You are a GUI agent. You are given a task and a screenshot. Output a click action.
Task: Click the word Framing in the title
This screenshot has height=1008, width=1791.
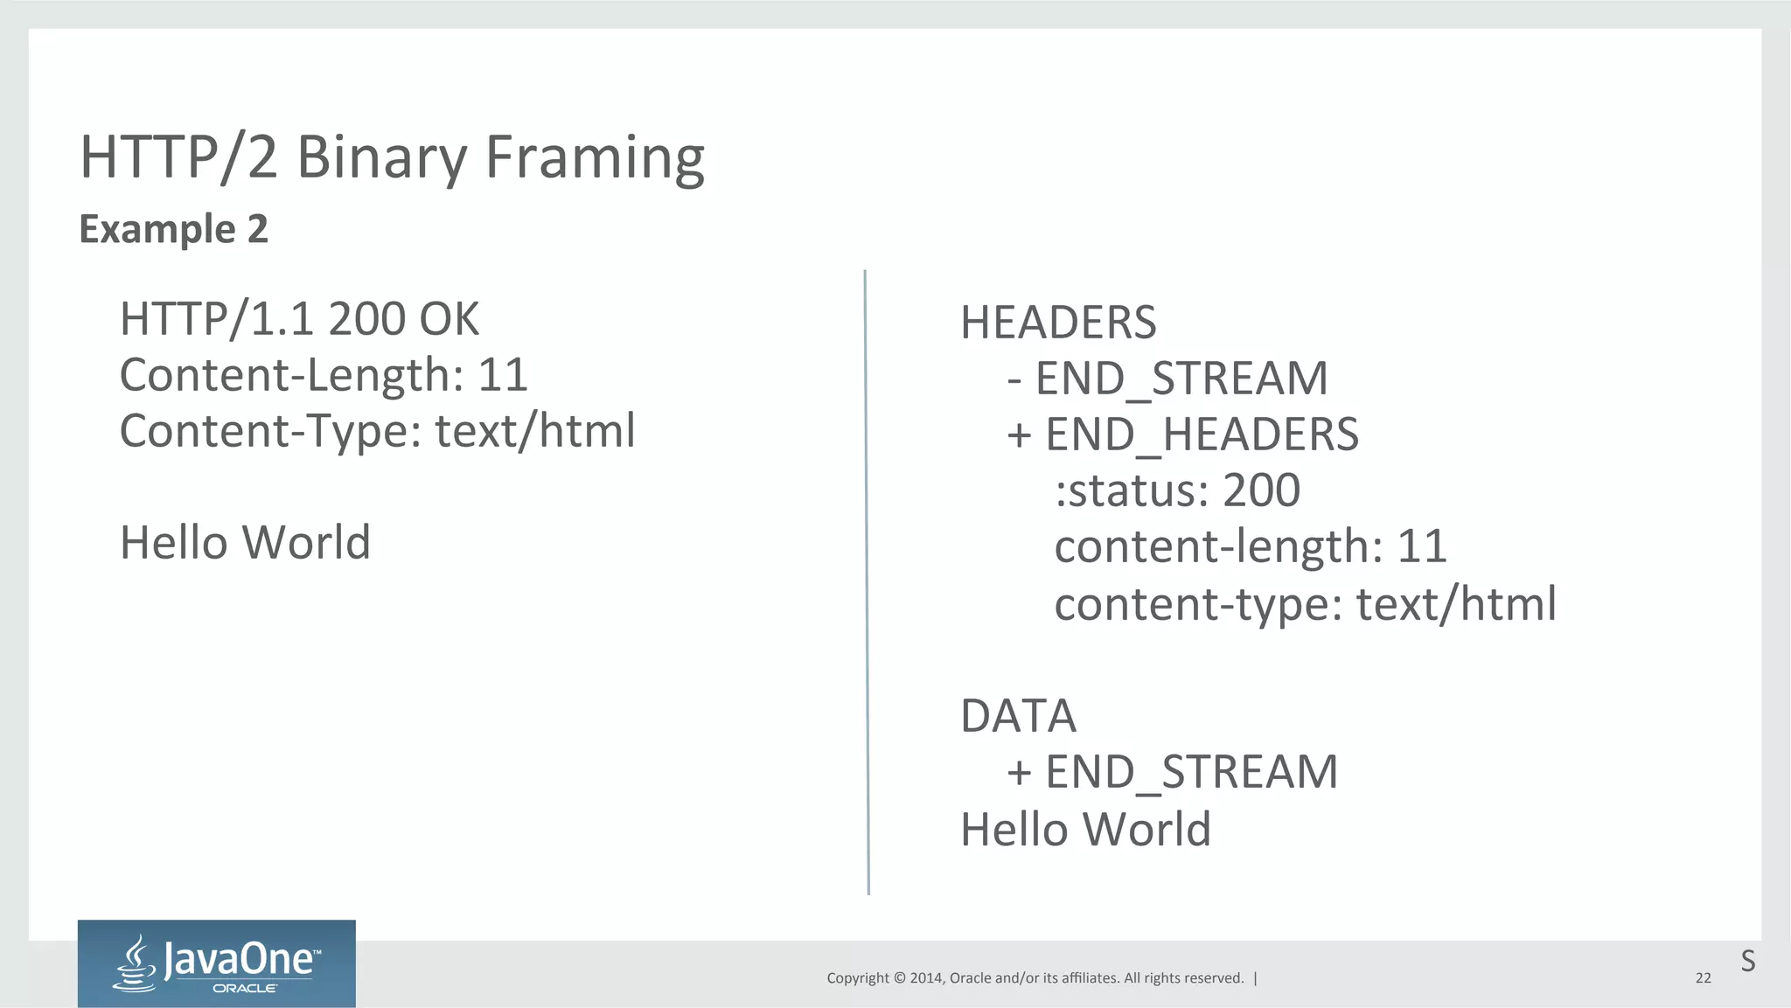595,159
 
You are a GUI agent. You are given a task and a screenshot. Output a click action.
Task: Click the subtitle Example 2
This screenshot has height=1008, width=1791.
173,229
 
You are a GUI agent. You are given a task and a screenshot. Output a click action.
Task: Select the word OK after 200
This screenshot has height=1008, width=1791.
449,319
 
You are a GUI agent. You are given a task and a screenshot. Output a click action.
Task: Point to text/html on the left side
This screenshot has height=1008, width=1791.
534,431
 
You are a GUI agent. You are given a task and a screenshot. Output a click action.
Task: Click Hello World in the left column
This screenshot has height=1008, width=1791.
245,542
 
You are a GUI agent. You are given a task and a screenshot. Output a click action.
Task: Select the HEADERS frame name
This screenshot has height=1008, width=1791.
1058,323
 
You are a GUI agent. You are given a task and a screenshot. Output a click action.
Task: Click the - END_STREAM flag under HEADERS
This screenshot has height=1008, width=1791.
1167,379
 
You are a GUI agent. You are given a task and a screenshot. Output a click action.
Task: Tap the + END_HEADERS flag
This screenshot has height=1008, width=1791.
1182,434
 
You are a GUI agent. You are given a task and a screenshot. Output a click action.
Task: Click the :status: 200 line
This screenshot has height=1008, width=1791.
1177,490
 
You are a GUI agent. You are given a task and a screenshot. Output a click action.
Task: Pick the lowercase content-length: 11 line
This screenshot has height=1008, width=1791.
1251,546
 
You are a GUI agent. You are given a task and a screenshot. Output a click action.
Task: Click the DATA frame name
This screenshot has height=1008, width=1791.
1018,716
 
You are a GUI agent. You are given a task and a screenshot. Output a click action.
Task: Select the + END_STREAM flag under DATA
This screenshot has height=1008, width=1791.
1172,772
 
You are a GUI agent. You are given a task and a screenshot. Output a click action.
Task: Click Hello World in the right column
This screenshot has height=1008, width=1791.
1085,829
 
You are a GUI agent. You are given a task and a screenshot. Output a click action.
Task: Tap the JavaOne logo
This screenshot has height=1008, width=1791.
217,963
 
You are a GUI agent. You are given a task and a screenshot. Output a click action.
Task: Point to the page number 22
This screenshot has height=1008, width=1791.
1703,978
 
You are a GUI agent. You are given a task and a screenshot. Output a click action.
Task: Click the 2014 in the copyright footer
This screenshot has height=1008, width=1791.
926,978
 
